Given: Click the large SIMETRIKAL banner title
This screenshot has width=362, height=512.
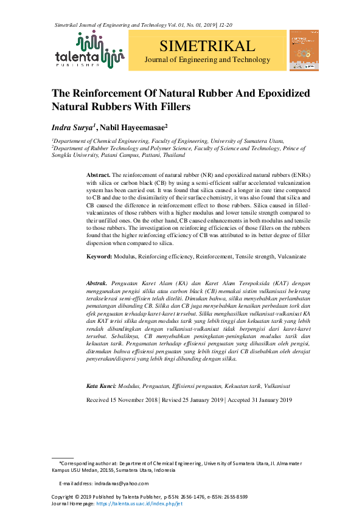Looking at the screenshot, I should [207, 46].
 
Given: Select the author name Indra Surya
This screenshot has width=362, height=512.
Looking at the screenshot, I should [73, 127].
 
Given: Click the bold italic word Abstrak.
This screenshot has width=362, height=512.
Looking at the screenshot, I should [97, 283].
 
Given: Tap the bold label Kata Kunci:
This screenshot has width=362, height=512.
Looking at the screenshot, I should [100, 386].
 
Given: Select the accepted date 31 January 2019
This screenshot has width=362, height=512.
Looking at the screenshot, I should [268, 400].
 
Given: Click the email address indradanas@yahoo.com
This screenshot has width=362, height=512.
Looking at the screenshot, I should [121, 483].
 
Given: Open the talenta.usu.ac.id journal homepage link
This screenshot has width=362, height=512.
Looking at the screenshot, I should [139, 505].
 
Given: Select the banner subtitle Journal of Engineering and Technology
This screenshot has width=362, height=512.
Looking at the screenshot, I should [207, 60].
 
